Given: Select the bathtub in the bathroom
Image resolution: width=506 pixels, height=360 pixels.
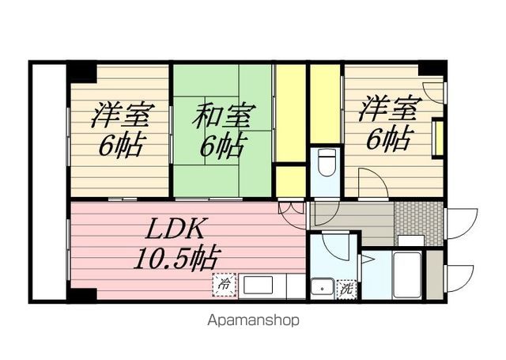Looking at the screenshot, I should (408, 275).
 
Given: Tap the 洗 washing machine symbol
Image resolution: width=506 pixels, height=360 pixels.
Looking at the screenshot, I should (345, 289).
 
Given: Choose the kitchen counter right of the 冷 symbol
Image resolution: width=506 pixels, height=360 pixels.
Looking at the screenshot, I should (265, 285).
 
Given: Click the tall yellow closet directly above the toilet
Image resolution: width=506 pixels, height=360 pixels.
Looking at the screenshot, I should (325, 103).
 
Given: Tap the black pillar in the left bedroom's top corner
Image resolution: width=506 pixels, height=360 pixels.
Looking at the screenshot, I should (81, 73).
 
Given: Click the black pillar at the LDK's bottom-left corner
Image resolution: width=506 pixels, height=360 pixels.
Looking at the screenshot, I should (81, 294).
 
